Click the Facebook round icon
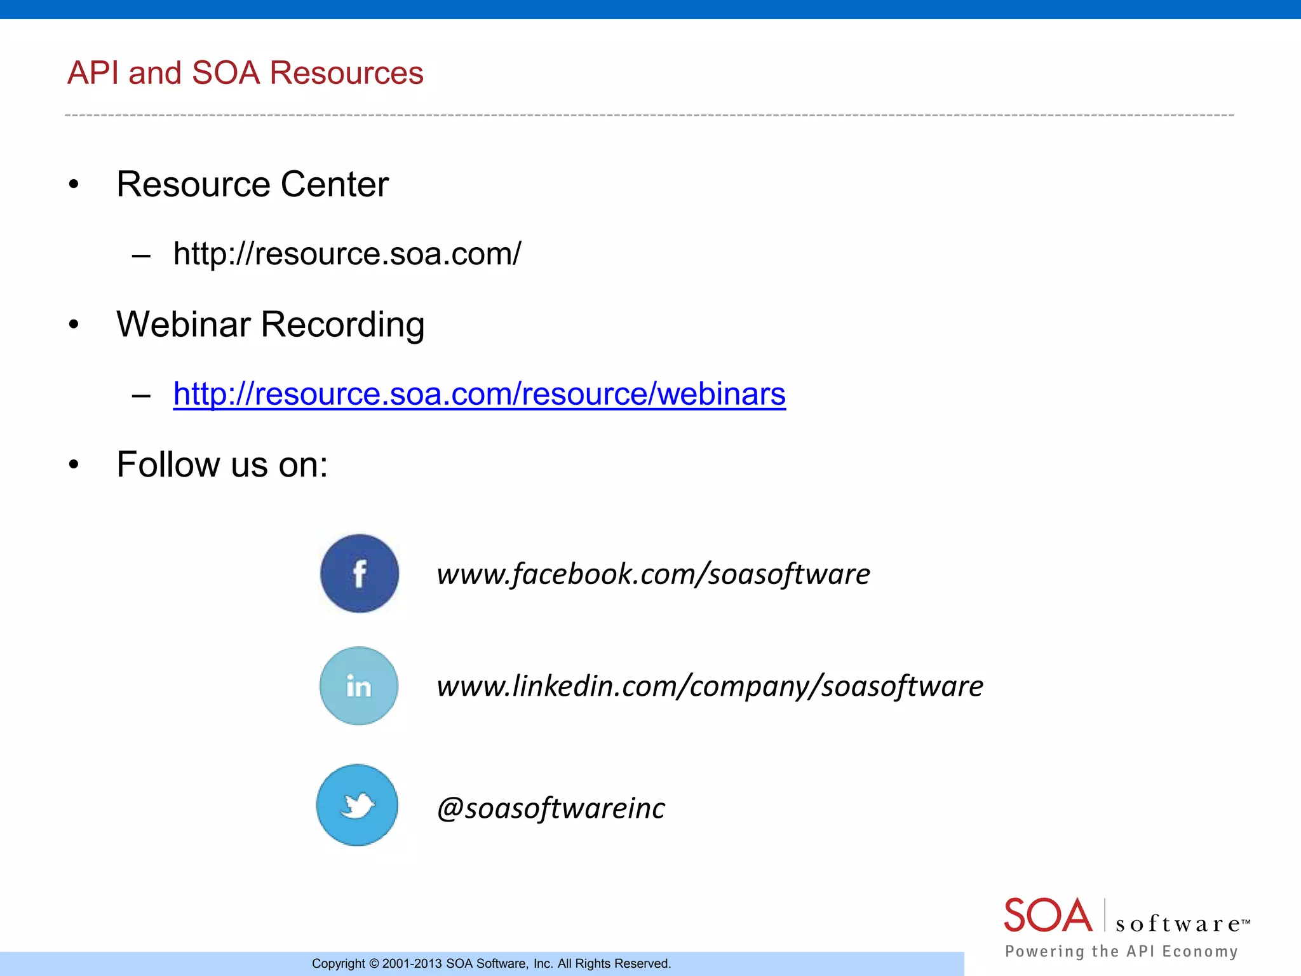(x=360, y=573)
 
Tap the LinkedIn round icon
(x=359, y=686)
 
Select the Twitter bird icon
(x=358, y=805)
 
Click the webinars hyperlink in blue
(x=479, y=394)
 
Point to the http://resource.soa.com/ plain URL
(x=347, y=254)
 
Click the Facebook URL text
(x=653, y=574)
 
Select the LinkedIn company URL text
(x=710, y=686)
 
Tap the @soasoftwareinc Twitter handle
(x=551, y=808)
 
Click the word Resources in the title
(x=346, y=73)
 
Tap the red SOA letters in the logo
(x=1048, y=916)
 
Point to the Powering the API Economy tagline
(x=1121, y=951)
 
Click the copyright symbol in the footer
(x=374, y=964)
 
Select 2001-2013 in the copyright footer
(x=412, y=964)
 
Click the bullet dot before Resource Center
(x=74, y=185)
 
